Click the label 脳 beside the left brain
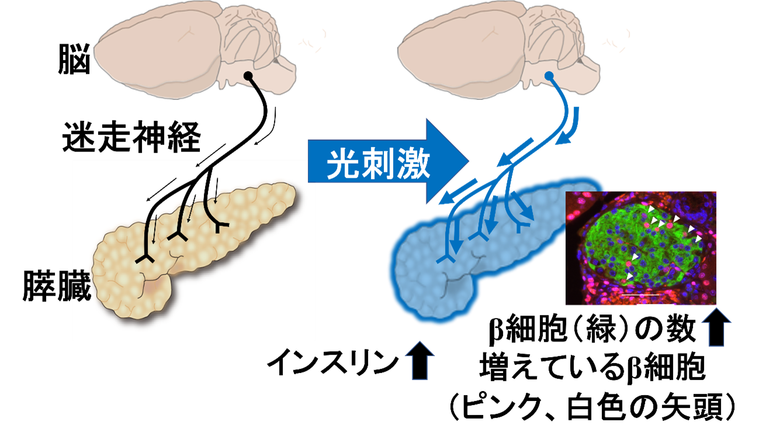(74, 59)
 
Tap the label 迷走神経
(132, 137)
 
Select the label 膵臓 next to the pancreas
(57, 286)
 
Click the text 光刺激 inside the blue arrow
(378, 164)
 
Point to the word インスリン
(333, 362)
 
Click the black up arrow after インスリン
(420, 360)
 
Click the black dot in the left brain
(248, 76)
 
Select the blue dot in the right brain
(549, 76)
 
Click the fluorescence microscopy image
(641, 248)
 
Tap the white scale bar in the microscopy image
(640, 295)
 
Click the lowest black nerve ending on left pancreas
(145, 259)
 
